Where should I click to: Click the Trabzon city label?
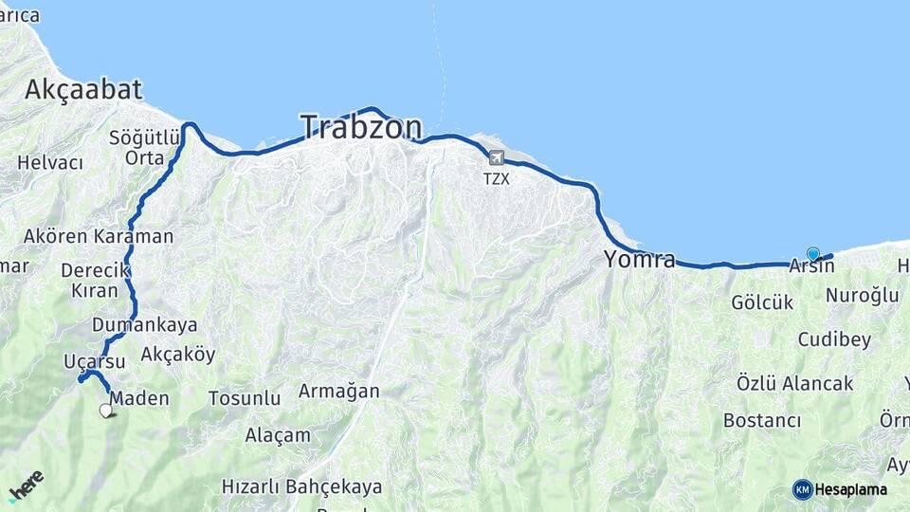click(x=361, y=128)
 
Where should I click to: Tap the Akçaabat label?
click(x=83, y=90)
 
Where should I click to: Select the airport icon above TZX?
click(x=496, y=157)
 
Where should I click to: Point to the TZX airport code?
click(x=496, y=178)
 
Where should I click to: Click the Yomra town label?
click(x=640, y=259)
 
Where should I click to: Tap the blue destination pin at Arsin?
click(x=812, y=253)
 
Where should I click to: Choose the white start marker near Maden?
click(x=106, y=411)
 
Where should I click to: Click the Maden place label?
click(x=139, y=398)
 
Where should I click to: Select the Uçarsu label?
click(x=94, y=361)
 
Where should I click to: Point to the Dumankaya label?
click(x=144, y=325)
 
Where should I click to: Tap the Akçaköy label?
click(x=177, y=355)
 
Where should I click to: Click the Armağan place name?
click(x=338, y=391)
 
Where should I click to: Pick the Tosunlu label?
click(x=245, y=398)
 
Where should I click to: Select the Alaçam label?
click(x=278, y=435)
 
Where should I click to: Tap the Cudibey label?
click(x=834, y=339)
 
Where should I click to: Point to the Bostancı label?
click(x=762, y=420)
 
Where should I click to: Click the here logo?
click(x=26, y=484)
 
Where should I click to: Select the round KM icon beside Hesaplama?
click(x=802, y=489)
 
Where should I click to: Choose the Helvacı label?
click(x=50, y=163)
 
